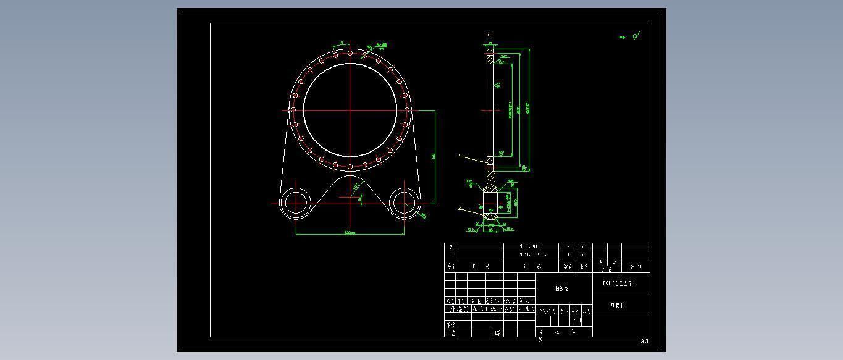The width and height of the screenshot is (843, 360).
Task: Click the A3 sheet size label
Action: pos(644,341)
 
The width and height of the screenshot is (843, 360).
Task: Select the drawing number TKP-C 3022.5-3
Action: pos(619,283)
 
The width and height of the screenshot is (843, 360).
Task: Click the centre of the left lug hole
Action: pos(296,203)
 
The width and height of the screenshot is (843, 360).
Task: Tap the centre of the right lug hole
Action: pos(404,203)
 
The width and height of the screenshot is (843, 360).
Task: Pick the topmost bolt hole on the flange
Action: pos(350,53)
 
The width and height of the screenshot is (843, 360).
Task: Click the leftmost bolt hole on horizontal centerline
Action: pos(293,111)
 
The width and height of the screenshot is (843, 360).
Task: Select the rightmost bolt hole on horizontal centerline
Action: pos(407,111)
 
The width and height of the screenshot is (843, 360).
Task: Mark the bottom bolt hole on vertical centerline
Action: pos(350,167)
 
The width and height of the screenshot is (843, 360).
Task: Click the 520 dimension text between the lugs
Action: pos(350,233)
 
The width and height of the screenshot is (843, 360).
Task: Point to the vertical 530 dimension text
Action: pos(434,156)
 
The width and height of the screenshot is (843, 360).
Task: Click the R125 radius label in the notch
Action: pos(356,186)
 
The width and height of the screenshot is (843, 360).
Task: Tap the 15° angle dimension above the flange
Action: pos(341,43)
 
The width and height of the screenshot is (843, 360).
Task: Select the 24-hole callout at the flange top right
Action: pos(381,45)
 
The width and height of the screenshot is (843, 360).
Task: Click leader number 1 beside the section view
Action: pos(459,156)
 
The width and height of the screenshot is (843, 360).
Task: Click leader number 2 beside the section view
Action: pos(459,208)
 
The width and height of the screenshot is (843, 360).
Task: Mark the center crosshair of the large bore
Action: pos(350,111)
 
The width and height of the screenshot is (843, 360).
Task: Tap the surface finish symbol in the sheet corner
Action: pos(635,36)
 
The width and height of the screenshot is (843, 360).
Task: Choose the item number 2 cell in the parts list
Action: pos(451,246)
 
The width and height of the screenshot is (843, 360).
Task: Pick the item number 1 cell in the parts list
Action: pos(451,254)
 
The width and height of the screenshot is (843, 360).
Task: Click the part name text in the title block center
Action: pos(562,288)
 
